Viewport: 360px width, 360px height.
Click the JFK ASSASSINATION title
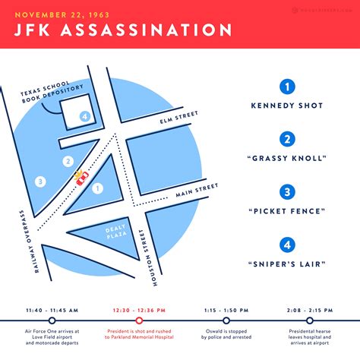[124, 30]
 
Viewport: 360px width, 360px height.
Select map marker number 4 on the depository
[85, 116]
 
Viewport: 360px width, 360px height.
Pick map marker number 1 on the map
[97, 188]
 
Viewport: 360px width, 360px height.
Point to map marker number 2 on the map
[68, 161]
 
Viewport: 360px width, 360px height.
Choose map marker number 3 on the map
[40, 182]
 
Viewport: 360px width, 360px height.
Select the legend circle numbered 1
[287, 87]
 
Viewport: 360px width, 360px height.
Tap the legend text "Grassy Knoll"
[287, 158]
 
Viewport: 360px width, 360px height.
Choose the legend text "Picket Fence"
[287, 210]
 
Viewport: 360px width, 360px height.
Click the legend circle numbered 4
[287, 245]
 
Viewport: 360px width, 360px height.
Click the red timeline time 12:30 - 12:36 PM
[139, 310]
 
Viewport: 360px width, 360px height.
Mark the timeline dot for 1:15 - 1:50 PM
[226, 321]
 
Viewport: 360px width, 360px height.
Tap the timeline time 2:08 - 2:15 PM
[311, 310]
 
